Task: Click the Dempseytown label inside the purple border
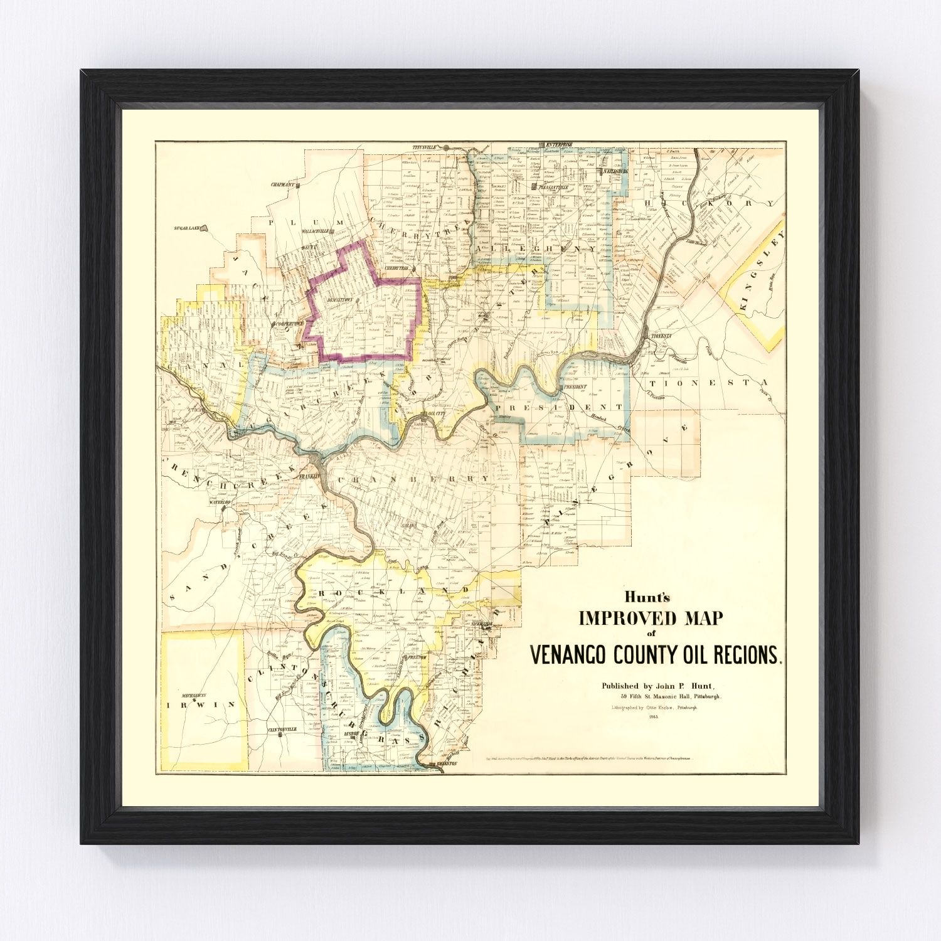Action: (340, 300)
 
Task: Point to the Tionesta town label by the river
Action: (660, 336)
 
